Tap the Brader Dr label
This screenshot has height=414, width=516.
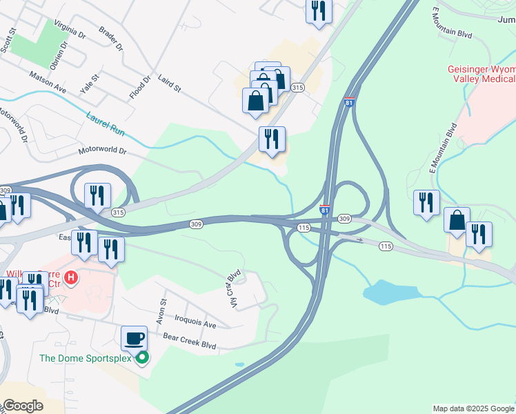click(x=110, y=39)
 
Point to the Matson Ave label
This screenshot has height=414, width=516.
click(x=47, y=81)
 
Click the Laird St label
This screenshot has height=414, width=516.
click(x=168, y=83)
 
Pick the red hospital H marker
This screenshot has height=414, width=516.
click(x=70, y=280)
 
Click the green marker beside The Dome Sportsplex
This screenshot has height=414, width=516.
click(x=142, y=357)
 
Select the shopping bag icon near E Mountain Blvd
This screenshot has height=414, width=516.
click(x=457, y=221)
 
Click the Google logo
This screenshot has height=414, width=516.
click(x=23, y=406)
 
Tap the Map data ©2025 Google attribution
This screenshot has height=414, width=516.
click(x=473, y=408)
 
